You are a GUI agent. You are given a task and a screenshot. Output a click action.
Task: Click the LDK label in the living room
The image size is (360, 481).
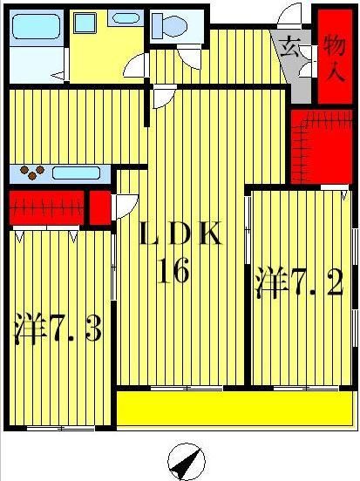[x=183, y=234]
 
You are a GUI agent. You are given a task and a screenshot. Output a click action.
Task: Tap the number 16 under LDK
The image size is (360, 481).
[x=173, y=272]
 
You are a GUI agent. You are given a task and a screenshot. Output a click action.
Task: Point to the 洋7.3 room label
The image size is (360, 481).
[x=59, y=329]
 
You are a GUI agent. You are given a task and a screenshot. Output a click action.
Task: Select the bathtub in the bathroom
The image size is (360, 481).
[x=35, y=29]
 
